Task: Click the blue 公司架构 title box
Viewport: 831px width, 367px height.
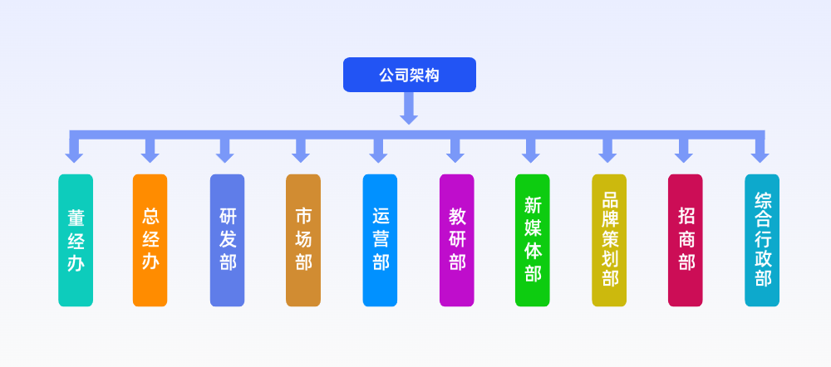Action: tap(409, 75)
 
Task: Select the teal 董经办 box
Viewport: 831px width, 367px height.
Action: tap(76, 240)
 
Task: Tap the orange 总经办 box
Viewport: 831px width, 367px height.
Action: tap(150, 240)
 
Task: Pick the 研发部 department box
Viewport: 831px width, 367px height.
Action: tap(227, 240)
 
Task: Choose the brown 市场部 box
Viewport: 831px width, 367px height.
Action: tap(303, 240)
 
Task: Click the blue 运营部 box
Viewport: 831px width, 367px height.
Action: tap(380, 240)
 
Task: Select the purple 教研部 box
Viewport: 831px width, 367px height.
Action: tap(456, 240)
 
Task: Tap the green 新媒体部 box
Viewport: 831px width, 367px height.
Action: tap(532, 240)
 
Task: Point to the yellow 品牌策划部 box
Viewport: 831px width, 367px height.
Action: tap(609, 240)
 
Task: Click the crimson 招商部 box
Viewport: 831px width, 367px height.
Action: tap(685, 240)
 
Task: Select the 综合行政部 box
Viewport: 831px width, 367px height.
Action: tap(762, 240)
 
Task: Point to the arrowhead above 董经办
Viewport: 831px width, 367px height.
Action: tap(75, 155)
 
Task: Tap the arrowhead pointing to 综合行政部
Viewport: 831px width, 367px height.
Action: tap(760, 155)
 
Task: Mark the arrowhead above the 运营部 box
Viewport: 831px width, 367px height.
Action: tap(379, 155)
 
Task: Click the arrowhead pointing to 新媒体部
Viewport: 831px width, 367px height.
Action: tap(532, 155)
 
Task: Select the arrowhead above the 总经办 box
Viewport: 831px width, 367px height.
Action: tap(150, 155)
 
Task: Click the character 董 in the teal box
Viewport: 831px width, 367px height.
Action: tap(76, 218)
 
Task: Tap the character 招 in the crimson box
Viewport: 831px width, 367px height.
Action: tap(686, 216)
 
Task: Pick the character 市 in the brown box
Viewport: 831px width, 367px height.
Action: tap(303, 216)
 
